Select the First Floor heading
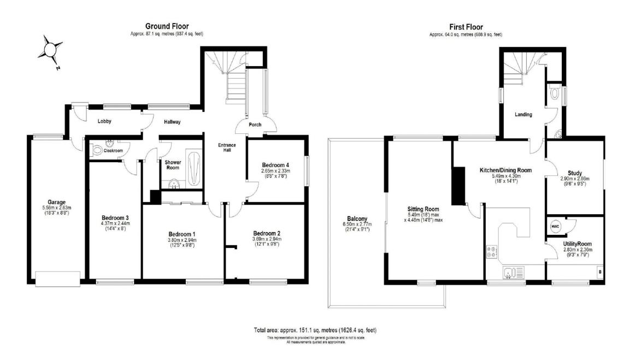pyautogui.click(x=466, y=26)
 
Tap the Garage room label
pyautogui.click(x=52, y=202)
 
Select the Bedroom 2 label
pyautogui.click(x=267, y=232)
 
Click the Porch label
pyautogui.click(x=255, y=125)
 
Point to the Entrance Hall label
pyautogui.click(x=227, y=147)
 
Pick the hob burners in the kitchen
pyautogui.click(x=491, y=252)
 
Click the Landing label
pyautogui.click(x=523, y=115)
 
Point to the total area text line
pyautogui.click(x=315, y=331)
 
